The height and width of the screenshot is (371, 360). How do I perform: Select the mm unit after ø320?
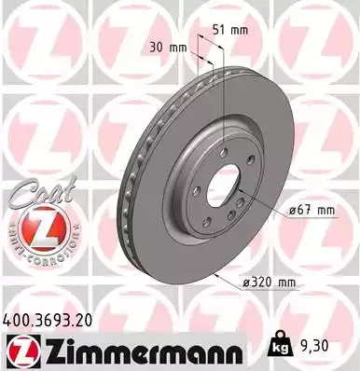(290, 282)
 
